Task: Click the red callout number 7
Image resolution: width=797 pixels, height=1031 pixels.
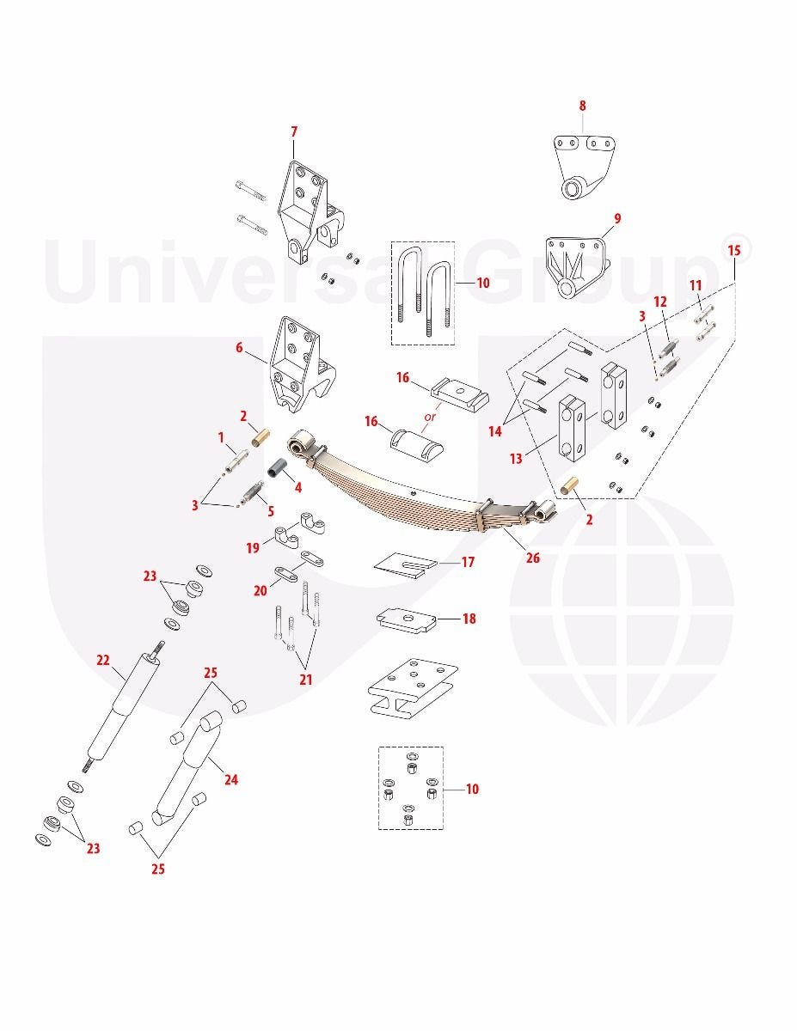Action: click(294, 132)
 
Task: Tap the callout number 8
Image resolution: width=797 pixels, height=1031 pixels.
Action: click(582, 106)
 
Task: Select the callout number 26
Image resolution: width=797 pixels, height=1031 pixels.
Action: click(533, 558)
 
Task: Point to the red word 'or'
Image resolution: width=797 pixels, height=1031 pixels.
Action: click(430, 417)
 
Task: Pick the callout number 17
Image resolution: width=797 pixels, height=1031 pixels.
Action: click(468, 562)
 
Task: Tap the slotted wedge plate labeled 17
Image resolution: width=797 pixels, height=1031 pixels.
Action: click(406, 564)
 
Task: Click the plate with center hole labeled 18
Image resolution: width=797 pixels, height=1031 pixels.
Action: click(407, 619)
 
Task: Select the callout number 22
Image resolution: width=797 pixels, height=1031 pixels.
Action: click(102, 660)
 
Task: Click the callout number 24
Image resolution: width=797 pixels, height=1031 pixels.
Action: click(231, 779)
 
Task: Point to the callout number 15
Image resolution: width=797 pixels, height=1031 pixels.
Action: click(734, 251)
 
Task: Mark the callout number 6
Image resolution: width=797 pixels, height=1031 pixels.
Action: click(239, 348)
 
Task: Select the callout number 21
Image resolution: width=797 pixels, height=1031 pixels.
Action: click(306, 680)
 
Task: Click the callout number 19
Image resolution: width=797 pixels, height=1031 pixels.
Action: click(253, 548)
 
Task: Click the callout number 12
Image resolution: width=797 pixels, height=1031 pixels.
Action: click(659, 302)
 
